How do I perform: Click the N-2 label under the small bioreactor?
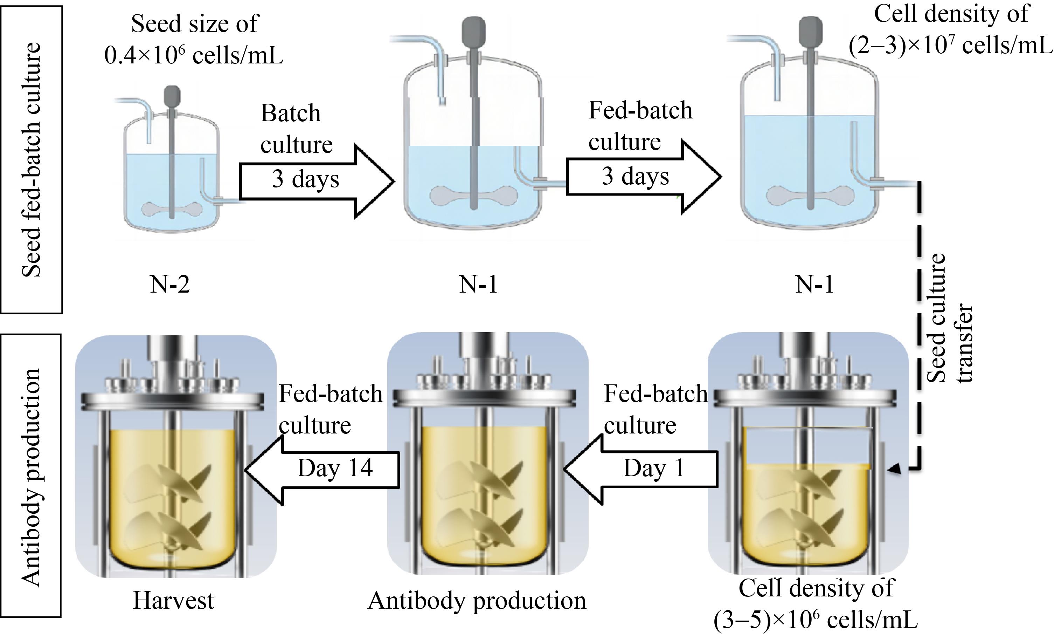tap(169, 284)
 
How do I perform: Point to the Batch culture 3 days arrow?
tap(317, 181)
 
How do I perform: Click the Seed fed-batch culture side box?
tap(31, 159)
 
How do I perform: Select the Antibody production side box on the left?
tap(31, 475)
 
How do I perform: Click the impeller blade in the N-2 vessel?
tap(172, 209)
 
